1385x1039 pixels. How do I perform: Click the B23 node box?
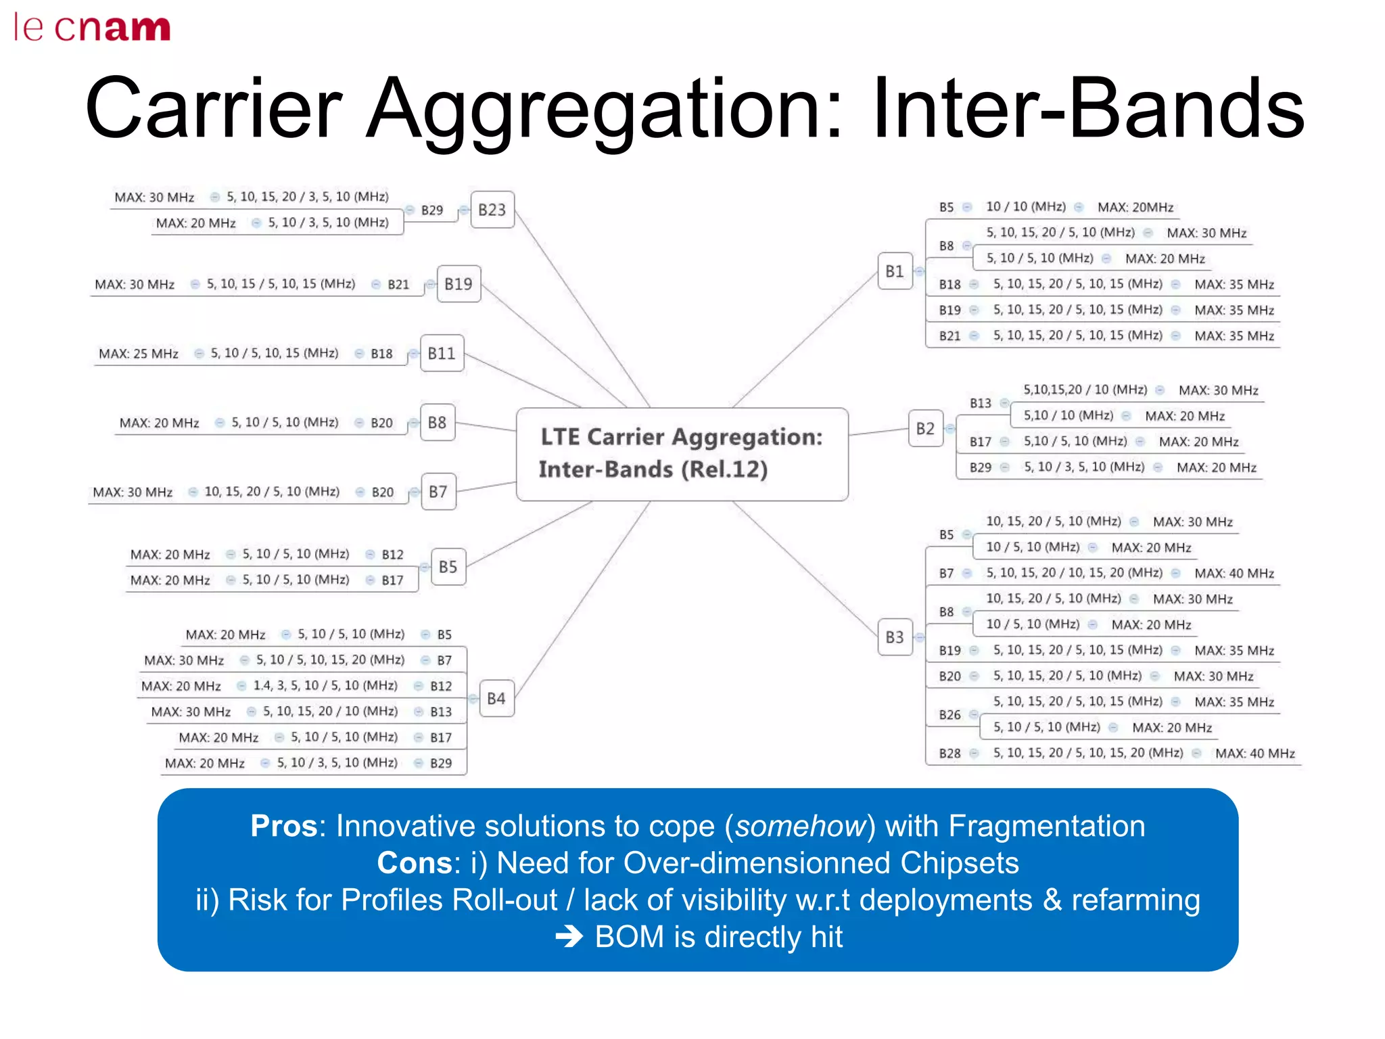point(492,210)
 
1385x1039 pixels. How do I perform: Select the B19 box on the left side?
point(458,284)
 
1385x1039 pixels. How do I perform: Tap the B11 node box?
point(442,353)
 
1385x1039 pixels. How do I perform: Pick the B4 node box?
point(496,698)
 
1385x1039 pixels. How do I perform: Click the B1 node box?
point(894,271)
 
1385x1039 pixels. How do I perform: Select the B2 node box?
point(924,428)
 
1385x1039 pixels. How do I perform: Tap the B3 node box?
point(894,637)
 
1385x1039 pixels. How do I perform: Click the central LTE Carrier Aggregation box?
point(681,454)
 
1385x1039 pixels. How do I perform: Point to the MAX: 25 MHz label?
point(139,354)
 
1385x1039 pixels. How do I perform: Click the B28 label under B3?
point(949,754)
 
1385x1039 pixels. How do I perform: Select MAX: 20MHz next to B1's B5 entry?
point(1135,208)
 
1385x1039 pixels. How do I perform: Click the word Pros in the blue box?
point(283,826)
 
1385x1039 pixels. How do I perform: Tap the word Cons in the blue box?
point(414,863)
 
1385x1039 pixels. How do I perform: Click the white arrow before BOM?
point(569,937)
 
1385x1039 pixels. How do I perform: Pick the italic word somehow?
point(801,826)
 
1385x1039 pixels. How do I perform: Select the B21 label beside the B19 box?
point(398,285)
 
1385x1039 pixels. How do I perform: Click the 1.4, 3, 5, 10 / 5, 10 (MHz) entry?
point(325,686)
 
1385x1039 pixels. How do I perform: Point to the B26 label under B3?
point(949,715)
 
